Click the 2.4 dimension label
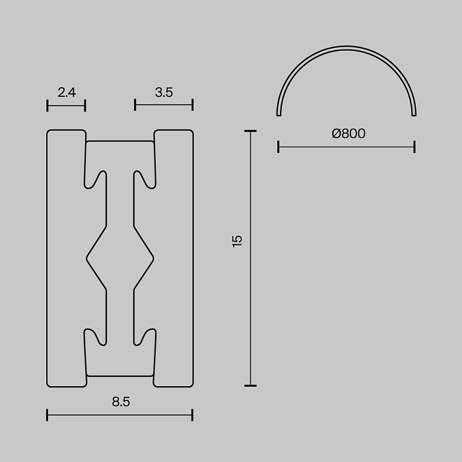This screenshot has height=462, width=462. (x=67, y=92)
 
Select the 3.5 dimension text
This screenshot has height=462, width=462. (x=164, y=92)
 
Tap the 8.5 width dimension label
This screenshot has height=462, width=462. (x=121, y=401)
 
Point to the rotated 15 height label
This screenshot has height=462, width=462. (x=237, y=242)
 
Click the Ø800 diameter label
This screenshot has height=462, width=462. (x=348, y=133)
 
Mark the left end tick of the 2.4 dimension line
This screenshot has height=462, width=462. (x=47, y=106)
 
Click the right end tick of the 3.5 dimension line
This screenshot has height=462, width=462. (x=193, y=105)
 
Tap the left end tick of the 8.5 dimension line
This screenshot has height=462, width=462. (x=47, y=415)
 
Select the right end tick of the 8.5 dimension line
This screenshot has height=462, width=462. (x=193, y=415)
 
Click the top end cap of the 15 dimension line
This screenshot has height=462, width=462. (x=250, y=131)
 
